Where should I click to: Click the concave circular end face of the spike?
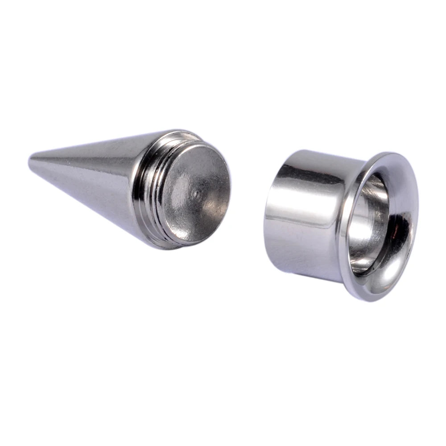[x=196, y=196]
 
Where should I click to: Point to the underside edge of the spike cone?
[x=103, y=210]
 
